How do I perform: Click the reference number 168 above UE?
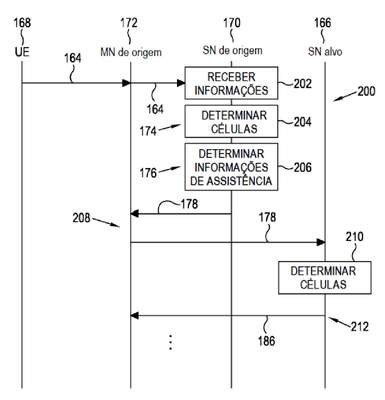point(22,23)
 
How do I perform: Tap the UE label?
point(22,52)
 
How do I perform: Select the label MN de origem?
point(131,52)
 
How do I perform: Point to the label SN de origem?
point(232,51)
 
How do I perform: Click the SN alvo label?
point(325,52)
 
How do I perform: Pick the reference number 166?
point(323,23)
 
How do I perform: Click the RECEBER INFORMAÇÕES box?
point(231,83)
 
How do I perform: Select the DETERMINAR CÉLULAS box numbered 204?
point(231,121)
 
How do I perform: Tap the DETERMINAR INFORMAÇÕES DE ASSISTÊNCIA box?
point(231,167)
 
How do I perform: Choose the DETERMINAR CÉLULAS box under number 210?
point(325,278)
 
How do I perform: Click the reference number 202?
point(302,84)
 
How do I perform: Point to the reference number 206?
point(302,167)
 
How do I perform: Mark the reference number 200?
point(366,91)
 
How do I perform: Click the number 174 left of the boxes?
point(148,131)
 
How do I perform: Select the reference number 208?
point(81,218)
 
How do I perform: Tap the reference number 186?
point(267,341)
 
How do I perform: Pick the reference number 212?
point(360,327)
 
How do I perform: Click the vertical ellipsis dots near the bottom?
point(170,342)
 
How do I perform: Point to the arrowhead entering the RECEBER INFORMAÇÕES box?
point(181,83)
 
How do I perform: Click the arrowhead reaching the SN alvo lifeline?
point(321,242)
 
